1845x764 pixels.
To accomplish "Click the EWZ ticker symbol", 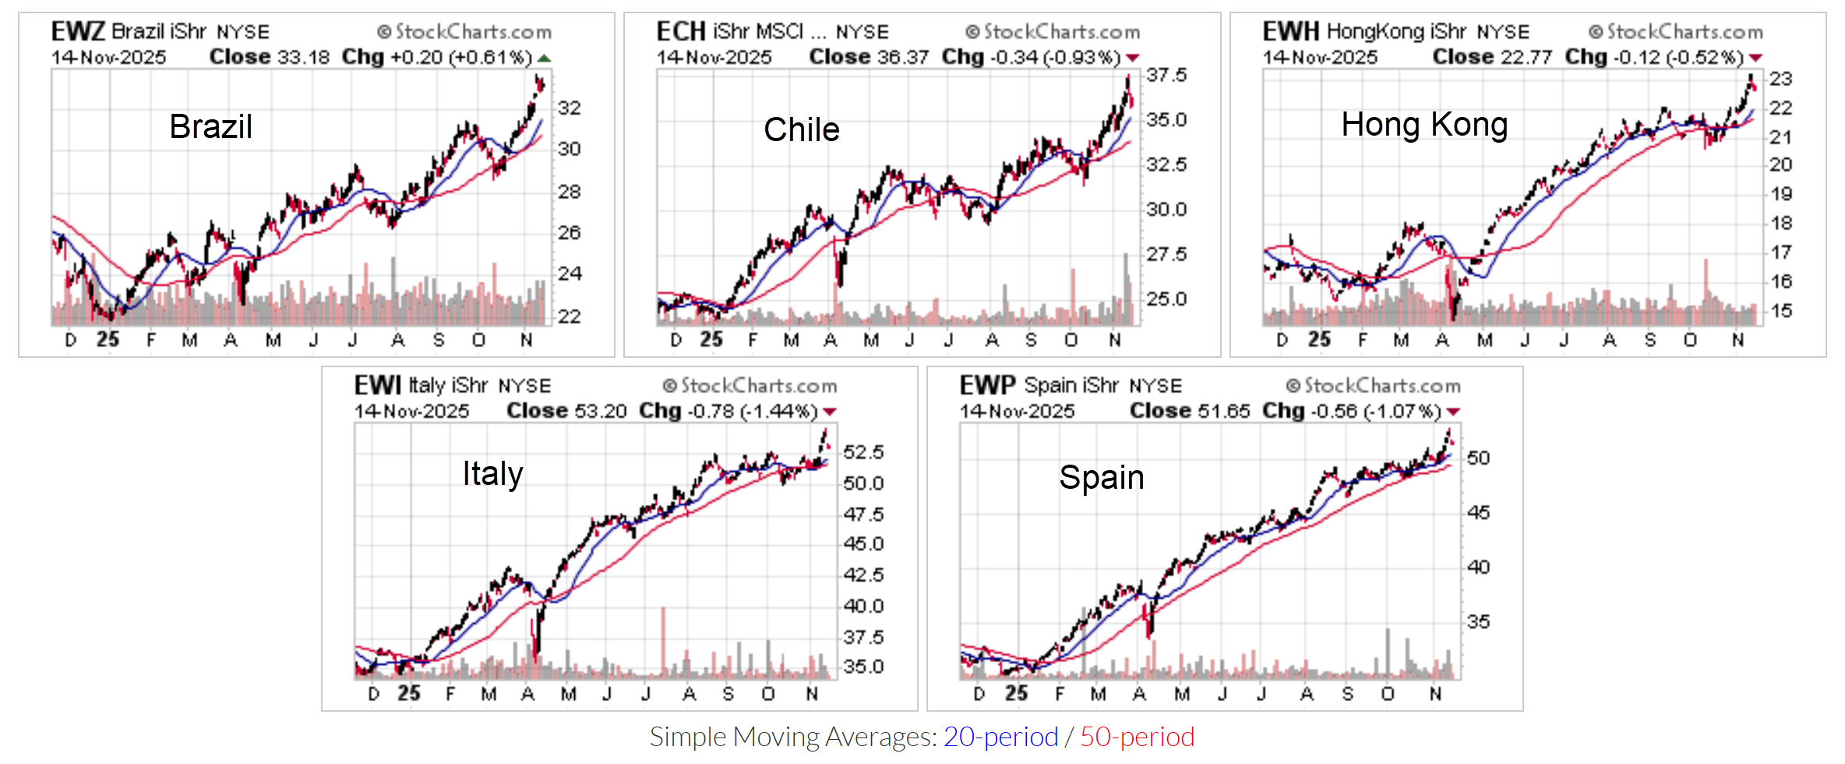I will (x=78, y=32).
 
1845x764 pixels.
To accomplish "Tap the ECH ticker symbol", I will (x=681, y=32).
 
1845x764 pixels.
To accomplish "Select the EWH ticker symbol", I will (x=1291, y=32).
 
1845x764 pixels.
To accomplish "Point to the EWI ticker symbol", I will (x=378, y=386).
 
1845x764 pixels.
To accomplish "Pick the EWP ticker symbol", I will (x=987, y=386).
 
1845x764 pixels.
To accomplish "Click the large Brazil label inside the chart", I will (x=211, y=126).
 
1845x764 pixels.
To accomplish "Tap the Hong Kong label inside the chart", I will (x=1424, y=125).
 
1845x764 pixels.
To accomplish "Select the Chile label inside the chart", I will (x=802, y=129).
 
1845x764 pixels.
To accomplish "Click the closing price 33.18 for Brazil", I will (x=304, y=58).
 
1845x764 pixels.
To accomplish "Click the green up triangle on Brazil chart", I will (x=544, y=58).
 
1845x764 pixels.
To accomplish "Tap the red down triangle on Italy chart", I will (x=830, y=412).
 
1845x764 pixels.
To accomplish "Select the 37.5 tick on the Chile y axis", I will (x=1166, y=76).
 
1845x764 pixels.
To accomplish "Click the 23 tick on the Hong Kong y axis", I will (x=1780, y=79).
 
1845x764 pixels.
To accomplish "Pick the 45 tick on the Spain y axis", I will (x=1478, y=513).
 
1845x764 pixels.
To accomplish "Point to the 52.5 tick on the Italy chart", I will (x=863, y=453).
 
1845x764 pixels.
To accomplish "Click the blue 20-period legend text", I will (x=1000, y=737).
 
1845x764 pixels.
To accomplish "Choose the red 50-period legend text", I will (x=1137, y=737).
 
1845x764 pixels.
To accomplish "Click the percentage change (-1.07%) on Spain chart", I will (x=1403, y=412).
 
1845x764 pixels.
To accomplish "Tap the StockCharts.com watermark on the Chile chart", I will (x=1053, y=32).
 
